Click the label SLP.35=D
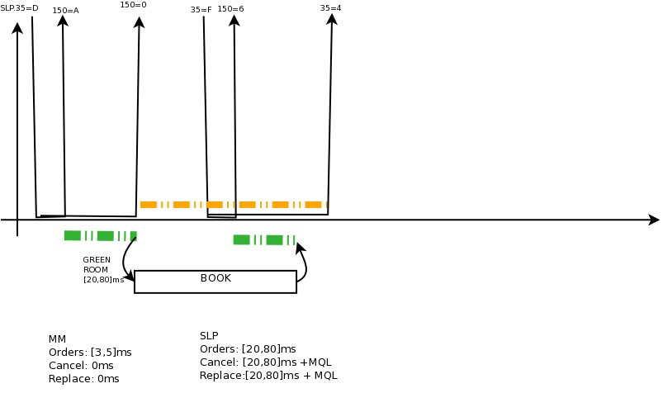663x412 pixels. tap(19, 8)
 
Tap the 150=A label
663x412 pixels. tap(65, 11)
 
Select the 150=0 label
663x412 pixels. tap(133, 5)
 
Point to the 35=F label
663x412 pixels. tap(201, 10)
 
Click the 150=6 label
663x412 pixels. tap(230, 9)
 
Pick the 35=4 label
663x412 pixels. tap(330, 8)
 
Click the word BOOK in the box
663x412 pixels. tap(215, 278)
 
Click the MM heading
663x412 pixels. tap(57, 339)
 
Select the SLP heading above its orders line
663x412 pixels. tap(209, 336)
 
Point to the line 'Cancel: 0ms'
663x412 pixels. tap(81, 366)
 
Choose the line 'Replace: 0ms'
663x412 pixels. tap(84, 379)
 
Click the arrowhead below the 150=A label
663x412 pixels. tap(63, 21)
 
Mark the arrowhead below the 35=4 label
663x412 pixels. tap(332, 19)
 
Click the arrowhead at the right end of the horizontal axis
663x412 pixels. tap(654, 220)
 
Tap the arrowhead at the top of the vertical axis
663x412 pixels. tap(17, 28)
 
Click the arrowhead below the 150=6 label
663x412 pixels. tap(234, 21)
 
